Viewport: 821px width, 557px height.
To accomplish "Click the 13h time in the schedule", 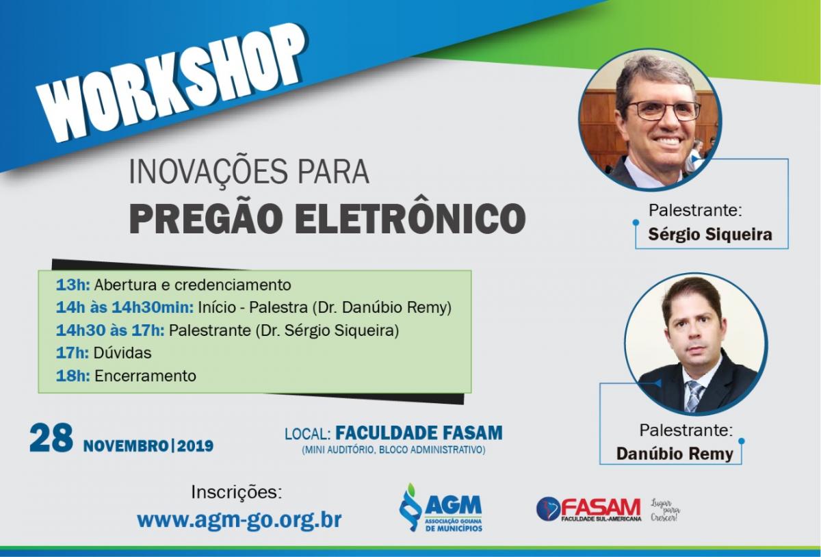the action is click(x=73, y=285).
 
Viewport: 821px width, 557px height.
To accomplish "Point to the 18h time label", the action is click(x=73, y=376).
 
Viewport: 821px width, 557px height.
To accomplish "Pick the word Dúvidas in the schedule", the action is click(x=122, y=353).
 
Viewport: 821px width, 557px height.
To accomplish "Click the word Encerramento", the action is click(x=145, y=376).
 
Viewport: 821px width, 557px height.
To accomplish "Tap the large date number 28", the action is click(x=51, y=438).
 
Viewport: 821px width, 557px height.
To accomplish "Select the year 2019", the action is click(x=195, y=446).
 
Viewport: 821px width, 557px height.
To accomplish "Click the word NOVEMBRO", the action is click(x=126, y=446).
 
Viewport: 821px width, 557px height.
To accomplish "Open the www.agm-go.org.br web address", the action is click(x=239, y=519).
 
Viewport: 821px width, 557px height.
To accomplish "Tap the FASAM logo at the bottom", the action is click(x=588, y=509).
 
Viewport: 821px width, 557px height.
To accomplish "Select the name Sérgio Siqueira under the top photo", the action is click(x=710, y=234).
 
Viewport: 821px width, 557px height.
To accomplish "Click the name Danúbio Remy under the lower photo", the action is click(x=675, y=454).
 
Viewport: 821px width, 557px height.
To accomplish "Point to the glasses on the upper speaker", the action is click(x=663, y=110).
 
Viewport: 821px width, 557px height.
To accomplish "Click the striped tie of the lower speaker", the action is click(x=695, y=396).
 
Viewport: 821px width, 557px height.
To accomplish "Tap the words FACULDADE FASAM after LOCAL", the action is click(x=419, y=433).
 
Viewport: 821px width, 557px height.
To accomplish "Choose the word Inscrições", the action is click(x=237, y=493).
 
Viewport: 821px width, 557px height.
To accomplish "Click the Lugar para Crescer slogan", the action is click(x=665, y=510).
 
